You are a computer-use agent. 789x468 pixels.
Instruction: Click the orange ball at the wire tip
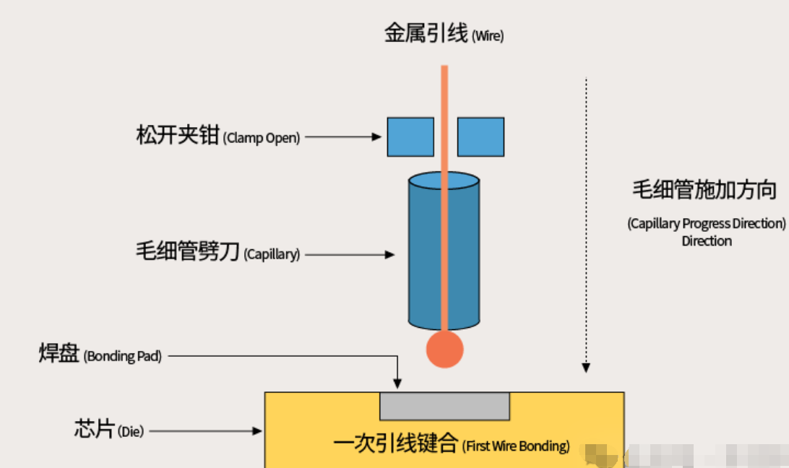click(444, 349)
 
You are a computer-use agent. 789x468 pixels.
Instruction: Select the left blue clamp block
click(410, 137)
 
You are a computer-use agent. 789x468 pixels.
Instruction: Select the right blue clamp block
click(480, 137)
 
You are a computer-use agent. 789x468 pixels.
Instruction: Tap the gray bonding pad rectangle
click(444, 406)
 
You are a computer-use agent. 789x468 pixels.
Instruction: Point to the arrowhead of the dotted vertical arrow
click(586, 368)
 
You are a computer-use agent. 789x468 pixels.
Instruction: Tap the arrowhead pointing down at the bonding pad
click(397, 382)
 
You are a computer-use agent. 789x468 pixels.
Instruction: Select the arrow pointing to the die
click(205, 431)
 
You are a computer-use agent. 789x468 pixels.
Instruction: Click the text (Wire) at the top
click(488, 35)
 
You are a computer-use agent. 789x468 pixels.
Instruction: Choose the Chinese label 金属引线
click(426, 33)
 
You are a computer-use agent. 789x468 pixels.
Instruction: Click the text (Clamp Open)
click(262, 138)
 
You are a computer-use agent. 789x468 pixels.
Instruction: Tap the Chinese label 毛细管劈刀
click(187, 253)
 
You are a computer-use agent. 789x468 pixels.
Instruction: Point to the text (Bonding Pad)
click(123, 356)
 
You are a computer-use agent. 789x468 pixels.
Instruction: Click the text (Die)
click(131, 432)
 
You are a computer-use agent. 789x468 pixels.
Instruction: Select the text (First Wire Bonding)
click(516, 446)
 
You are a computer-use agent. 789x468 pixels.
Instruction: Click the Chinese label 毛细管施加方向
click(704, 190)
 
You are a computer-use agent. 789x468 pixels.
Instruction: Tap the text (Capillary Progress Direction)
click(706, 223)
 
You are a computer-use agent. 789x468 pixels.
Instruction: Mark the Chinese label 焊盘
click(59, 355)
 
